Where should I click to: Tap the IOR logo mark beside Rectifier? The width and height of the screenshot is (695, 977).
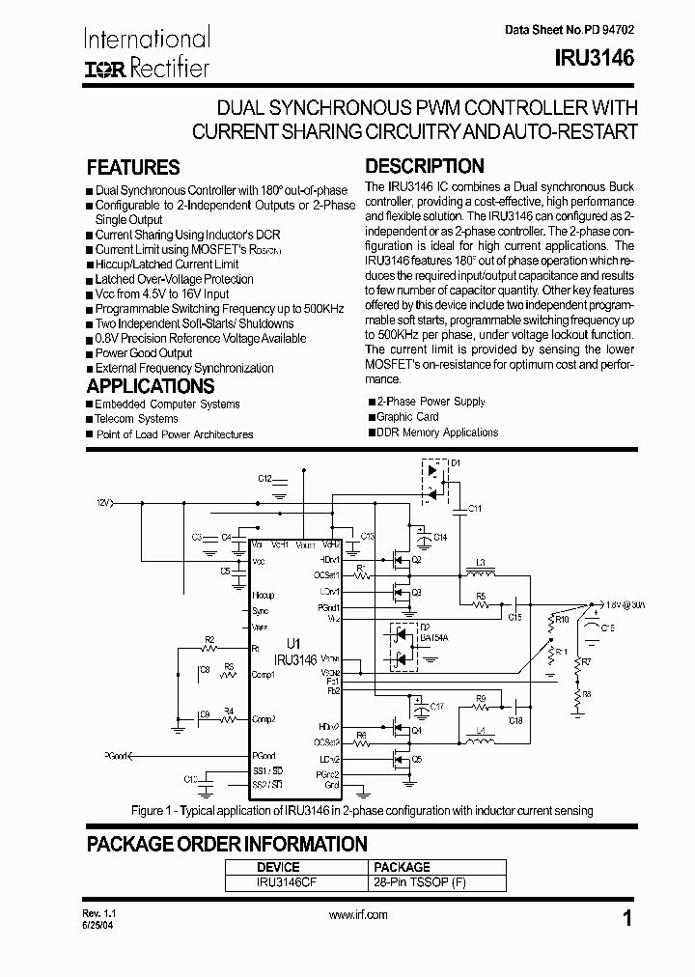[106, 69]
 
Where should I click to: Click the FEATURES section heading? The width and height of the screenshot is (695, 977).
[133, 167]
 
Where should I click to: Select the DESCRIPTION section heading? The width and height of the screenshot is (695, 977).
[425, 166]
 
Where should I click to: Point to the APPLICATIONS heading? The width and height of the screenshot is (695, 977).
[150, 386]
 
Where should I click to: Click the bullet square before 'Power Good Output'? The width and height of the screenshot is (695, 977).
[90, 353]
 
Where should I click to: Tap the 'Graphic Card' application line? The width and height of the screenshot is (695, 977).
[407, 417]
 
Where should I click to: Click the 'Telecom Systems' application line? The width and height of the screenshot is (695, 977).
[136, 419]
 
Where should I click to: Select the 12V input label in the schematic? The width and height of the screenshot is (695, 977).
[103, 503]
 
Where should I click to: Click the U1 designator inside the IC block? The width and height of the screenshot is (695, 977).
[293, 642]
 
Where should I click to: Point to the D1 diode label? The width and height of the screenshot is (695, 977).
[456, 464]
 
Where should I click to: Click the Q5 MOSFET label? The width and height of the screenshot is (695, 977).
[417, 759]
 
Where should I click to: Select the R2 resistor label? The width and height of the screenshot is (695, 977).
[209, 640]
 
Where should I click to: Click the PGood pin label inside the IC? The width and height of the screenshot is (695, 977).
[264, 756]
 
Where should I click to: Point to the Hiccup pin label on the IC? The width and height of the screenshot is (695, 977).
[264, 596]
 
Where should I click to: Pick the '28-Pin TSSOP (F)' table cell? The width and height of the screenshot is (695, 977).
[411, 882]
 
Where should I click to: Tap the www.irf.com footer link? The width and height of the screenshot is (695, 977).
[358, 915]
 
